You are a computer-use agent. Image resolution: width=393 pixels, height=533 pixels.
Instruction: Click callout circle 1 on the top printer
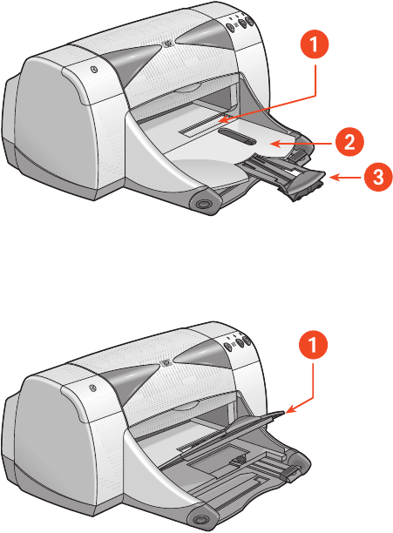click(x=315, y=45)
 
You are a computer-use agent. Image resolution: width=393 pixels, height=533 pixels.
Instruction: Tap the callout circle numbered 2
click(x=349, y=141)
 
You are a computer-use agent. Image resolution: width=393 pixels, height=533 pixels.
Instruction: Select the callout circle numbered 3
click(x=378, y=177)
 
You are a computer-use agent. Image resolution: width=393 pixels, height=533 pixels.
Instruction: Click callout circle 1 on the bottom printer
click(x=313, y=345)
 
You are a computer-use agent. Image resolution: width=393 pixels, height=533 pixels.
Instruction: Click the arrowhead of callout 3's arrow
click(x=332, y=178)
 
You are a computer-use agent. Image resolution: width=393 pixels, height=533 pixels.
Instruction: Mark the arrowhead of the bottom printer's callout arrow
click(x=288, y=411)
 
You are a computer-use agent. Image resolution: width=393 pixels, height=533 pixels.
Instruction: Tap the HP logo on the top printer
click(x=166, y=44)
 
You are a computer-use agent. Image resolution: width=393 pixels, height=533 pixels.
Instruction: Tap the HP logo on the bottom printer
click(x=165, y=362)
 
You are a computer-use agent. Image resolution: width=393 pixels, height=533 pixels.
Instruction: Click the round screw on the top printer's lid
click(x=94, y=70)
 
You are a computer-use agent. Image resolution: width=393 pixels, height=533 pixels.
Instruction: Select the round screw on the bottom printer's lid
click(x=93, y=388)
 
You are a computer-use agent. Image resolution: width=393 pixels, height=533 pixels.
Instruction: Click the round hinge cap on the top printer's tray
click(x=203, y=204)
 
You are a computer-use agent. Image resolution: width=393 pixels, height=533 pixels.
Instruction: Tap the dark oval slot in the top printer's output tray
click(x=237, y=136)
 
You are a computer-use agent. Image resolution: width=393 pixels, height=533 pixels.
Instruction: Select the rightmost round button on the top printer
click(x=249, y=21)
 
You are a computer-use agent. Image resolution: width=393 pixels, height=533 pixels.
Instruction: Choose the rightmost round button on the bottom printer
click(x=247, y=340)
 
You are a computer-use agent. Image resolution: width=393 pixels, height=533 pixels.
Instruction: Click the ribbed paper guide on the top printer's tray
click(x=298, y=156)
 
